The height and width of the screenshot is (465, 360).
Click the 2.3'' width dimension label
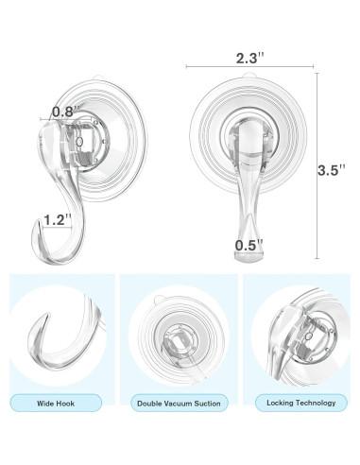[250, 58]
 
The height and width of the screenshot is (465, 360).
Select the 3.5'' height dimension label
[332, 170]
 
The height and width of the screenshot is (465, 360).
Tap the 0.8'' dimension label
[65, 112]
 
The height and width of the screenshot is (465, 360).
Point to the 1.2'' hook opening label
[58, 220]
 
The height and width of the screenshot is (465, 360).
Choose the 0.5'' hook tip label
[249, 246]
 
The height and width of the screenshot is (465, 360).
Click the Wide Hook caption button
[56, 403]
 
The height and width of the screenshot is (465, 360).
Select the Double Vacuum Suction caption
[179, 404]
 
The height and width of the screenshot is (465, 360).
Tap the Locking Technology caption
[301, 403]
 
